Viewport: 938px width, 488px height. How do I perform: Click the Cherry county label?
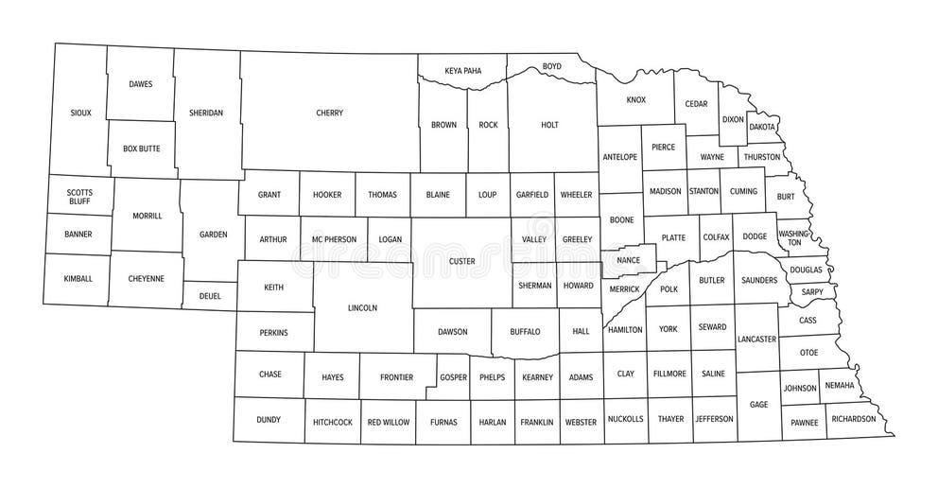point(329,113)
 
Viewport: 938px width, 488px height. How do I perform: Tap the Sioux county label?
point(80,113)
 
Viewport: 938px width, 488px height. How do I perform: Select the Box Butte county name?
point(141,148)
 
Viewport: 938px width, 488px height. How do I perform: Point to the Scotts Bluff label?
point(79,197)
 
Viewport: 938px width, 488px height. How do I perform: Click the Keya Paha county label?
point(462,70)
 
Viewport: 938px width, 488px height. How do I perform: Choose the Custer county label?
point(461,260)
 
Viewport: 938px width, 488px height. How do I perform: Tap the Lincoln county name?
point(362,307)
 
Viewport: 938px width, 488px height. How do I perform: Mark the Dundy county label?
point(269,420)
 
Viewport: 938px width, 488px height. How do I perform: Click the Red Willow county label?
point(388,422)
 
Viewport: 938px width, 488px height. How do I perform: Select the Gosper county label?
point(453,377)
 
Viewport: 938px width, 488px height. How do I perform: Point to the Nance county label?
point(628,260)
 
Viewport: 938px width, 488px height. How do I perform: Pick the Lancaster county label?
point(756,339)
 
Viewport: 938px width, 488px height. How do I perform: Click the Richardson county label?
point(854,418)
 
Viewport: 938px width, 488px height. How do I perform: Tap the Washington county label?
point(794,237)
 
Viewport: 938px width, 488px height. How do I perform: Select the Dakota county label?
point(762,126)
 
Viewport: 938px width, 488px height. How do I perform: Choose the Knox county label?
point(635,99)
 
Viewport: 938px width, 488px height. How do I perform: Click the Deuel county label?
point(210,295)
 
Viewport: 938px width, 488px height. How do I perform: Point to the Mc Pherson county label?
point(334,239)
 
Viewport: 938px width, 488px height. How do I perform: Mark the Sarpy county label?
point(812,292)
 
